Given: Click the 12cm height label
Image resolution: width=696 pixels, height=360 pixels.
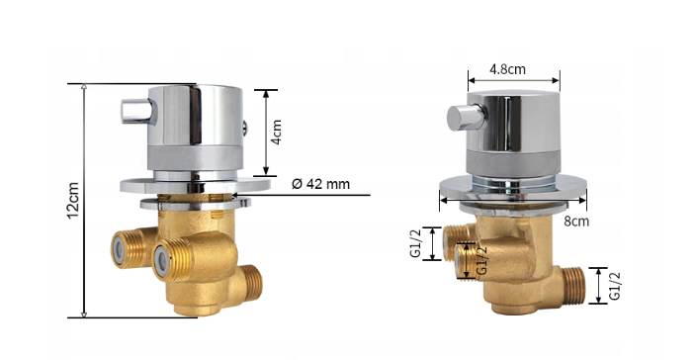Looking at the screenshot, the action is click(74, 200).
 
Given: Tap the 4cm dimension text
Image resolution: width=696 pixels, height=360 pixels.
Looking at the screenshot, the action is click(276, 132).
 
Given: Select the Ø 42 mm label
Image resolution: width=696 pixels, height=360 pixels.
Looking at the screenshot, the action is click(320, 184).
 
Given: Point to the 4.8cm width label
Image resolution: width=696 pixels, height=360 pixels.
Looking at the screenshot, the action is click(507, 69).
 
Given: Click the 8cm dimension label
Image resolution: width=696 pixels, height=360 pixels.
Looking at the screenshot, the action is click(576, 221).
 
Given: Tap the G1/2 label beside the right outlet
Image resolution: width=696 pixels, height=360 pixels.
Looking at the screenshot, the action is click(614, 286).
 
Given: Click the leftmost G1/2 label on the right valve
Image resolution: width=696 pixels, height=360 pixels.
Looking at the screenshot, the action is click(415, 243).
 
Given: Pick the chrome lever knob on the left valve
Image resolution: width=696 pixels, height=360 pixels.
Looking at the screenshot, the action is click(136, 111).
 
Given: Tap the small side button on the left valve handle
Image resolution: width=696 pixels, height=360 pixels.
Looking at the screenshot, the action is click(244, 129).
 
